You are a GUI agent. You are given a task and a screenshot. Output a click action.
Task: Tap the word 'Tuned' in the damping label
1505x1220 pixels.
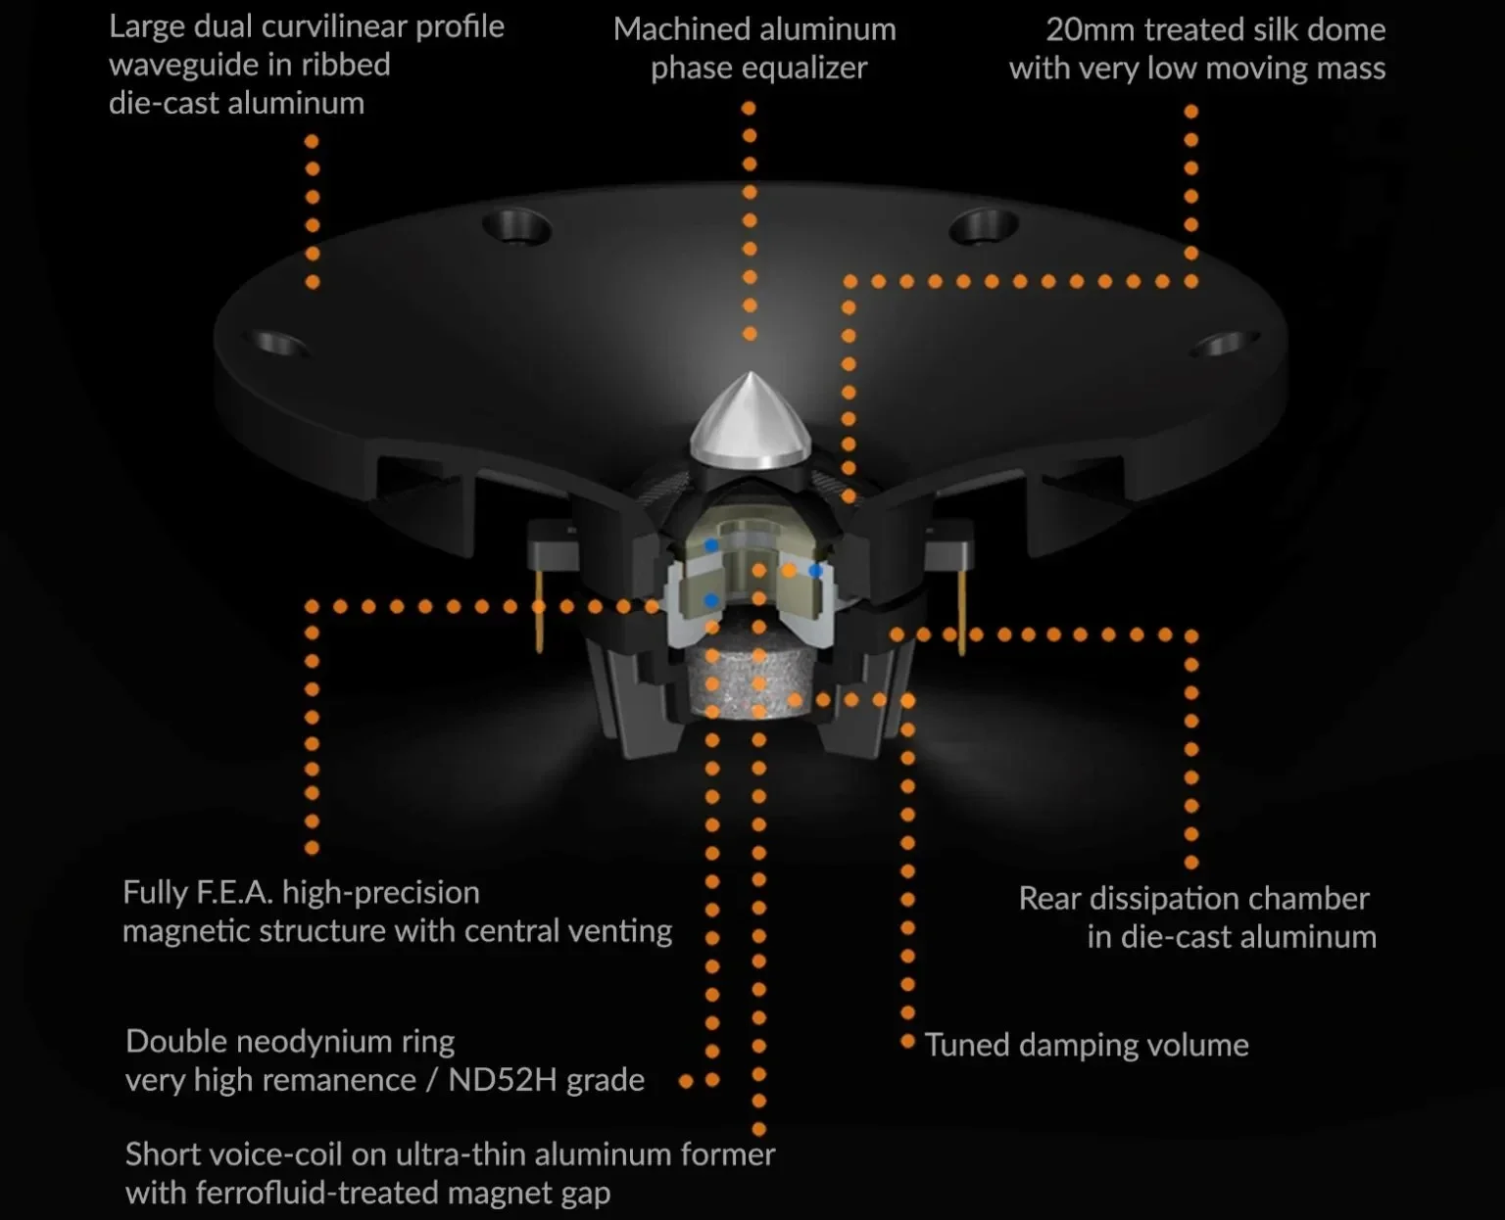click(x=966, y=1045)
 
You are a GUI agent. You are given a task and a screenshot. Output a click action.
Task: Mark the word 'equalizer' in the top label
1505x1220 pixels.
click(x=793, y=69)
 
